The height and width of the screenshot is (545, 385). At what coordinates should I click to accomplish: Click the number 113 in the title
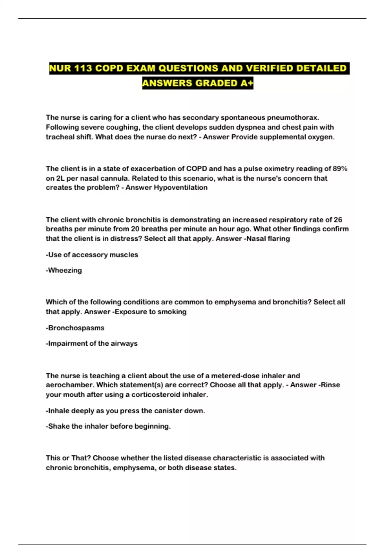click(x=83, y=68)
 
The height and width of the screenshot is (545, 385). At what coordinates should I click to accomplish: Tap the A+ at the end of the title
click(x=246, y=83)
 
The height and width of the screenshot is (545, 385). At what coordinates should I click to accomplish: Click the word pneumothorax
click(x=293, y=118)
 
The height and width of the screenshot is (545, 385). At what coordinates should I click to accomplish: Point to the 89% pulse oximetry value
click(x=340, y=169)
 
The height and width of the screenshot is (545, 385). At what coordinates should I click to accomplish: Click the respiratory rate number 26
click(x=338, y=220)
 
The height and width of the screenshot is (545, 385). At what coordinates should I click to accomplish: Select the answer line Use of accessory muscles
click(x=92, y=255)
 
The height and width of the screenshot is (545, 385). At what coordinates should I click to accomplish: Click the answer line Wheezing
click(x=64, y=270)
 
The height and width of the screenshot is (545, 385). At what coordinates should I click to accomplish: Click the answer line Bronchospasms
click(x=75, y=328)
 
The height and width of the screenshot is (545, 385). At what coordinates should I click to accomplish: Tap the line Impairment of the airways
click(x=92, y=343)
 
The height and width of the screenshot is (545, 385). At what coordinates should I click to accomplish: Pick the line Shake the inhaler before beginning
click(x=108, y=426)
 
